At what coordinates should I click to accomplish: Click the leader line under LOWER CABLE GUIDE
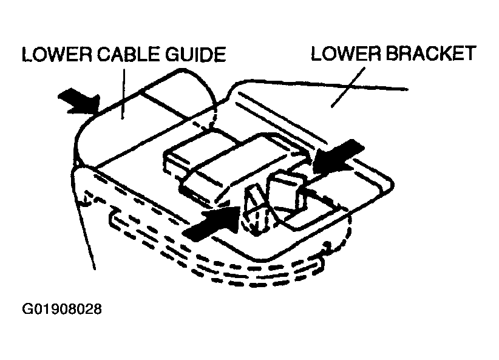pos(124,90)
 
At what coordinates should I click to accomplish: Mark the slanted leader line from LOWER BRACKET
pos(346,85)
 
